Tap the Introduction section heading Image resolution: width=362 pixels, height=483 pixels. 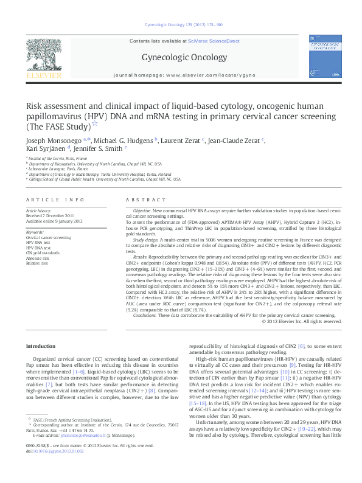(x=41, y=346)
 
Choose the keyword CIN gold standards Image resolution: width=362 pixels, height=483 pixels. (x=43, y=251)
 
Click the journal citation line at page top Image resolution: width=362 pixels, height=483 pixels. (x=180, y=26)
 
